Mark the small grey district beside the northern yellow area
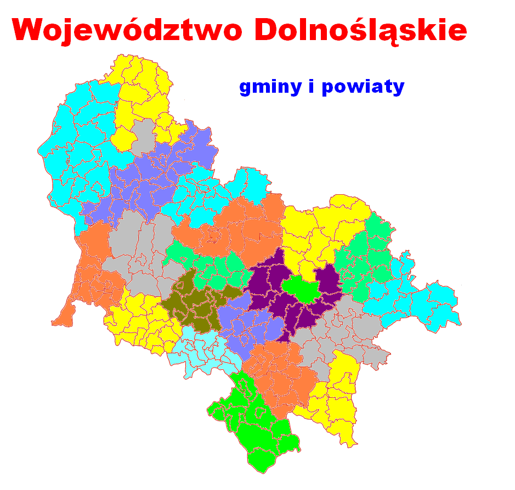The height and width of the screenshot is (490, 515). pyautogui.click(x=143, y=134)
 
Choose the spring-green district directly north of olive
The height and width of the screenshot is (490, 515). pyautogui.click(x=211, y=263)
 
